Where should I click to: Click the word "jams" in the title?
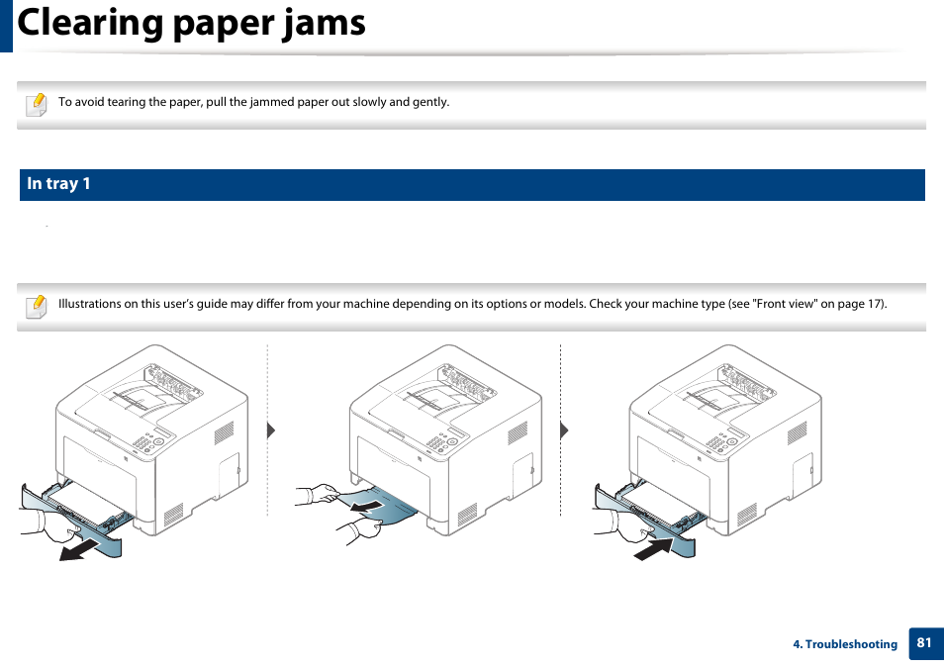tap(315, 22)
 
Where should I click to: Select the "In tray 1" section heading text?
tap(58, 184)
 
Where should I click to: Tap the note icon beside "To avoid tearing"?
tap(36, 103)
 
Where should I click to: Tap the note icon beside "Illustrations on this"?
tap(36, 305)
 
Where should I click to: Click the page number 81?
tap(924, 643)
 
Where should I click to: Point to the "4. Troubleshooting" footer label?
tap(844, 644)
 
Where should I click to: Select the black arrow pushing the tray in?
tap(653, 547)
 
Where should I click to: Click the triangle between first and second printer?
tap(270, 430)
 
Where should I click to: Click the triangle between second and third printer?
tap(564, 430)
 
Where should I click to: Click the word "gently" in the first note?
tap(430, 102)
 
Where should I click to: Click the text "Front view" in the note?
tap(786, 304)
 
